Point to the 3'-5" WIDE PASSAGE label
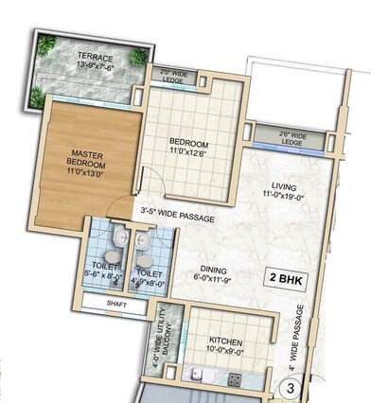[x=177, y=219]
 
